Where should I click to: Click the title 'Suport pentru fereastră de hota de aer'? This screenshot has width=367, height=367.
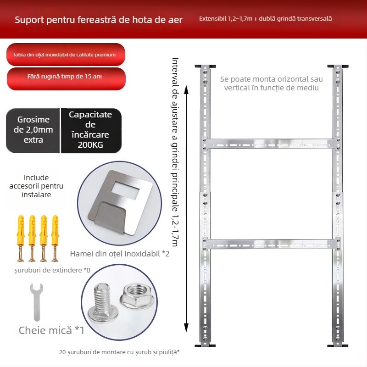pos(99,20)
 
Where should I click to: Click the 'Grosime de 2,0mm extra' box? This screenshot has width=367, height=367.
pos(33,130)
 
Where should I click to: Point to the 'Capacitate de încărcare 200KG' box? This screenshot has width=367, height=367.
pos(90,130)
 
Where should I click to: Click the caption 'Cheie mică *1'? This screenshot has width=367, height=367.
pos(51,330)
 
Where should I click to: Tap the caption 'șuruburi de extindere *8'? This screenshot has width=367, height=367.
pos(52,270)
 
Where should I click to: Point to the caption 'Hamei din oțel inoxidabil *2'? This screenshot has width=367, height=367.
pos(120,253)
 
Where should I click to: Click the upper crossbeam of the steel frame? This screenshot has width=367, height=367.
pos(271,143)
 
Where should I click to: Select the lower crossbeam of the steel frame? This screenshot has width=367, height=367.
pos(271,244)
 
